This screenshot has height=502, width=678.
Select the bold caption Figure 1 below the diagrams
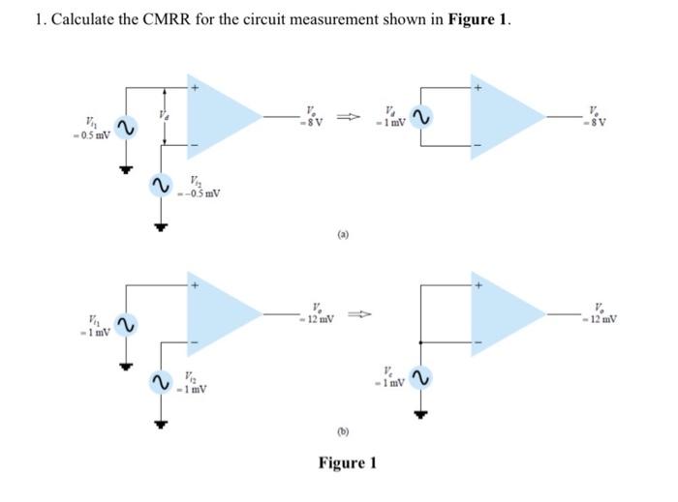(x=347, y=462)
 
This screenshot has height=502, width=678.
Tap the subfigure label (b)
(x=343, y=429)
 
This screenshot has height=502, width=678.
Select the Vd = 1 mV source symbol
(x=419, y=116)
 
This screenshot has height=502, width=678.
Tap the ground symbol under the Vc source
(x=419, y=414)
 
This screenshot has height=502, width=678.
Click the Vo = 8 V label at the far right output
(x=632, y=118)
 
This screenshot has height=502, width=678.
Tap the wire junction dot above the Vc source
(x=419, y=340)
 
